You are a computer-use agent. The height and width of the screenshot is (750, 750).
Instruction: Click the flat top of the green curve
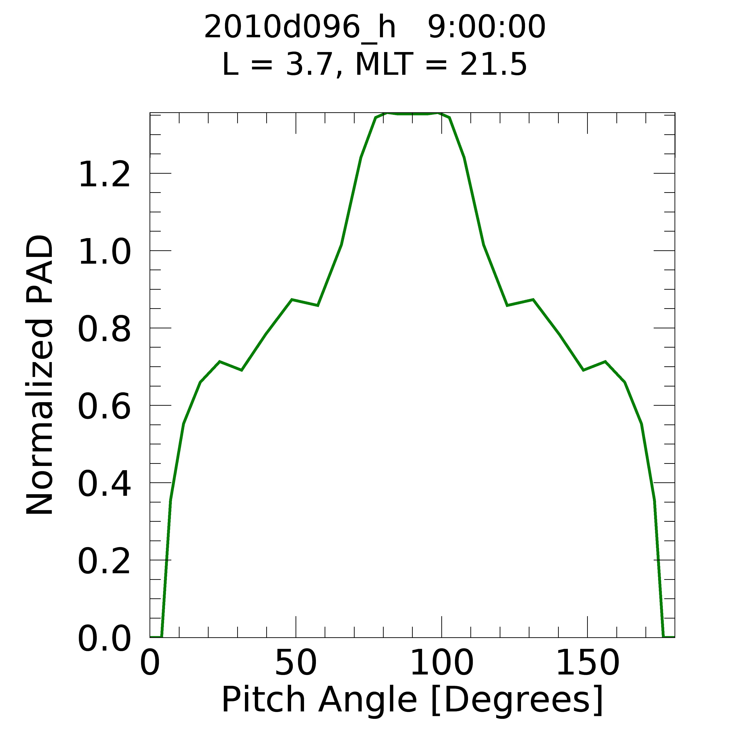pos(412,114)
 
